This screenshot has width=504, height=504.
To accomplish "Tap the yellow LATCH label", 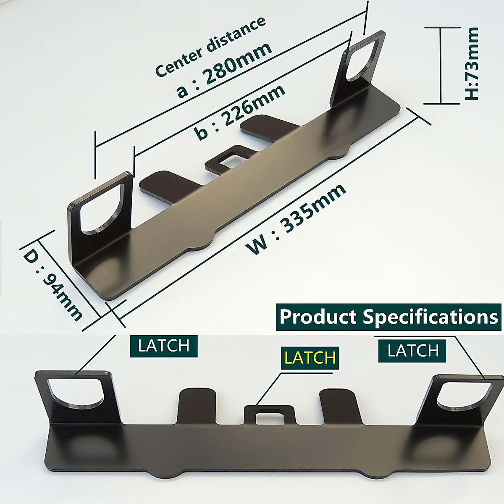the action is [310, 357].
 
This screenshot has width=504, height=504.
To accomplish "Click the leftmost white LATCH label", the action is [163, 346].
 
